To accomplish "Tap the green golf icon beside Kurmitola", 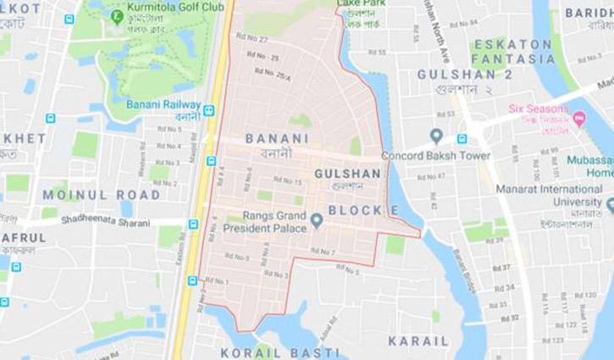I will coord(117,15).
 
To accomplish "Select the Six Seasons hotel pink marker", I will coord(579,119).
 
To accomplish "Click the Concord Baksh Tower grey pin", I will coord(436,136).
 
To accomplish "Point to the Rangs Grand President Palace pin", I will coord(317,220).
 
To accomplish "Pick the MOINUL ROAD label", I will coord(89,195).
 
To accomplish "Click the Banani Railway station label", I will coord(163,104).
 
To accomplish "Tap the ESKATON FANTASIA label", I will coord(512,51).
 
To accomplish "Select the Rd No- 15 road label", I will coord(285,181).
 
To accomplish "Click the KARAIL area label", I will coord(418,341).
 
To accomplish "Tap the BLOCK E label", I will coord(363,209).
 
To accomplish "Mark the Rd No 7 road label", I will coord(323,252).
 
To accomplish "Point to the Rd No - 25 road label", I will coord(263,57).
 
